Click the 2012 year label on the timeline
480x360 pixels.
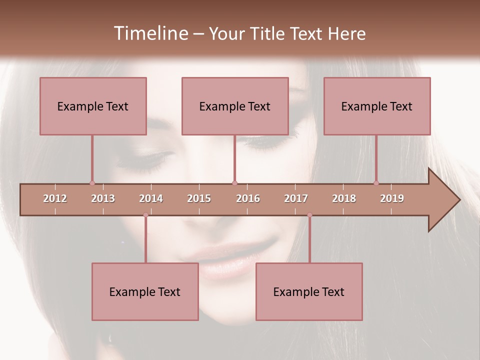(x=55, y=198)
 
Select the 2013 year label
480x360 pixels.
(x=103, y=198)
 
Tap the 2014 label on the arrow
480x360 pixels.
(x=151, y=198)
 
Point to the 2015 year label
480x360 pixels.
(x=199, y=198)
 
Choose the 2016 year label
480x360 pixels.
(x=248, y=198)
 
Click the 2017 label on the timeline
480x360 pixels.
(x=296, y=198)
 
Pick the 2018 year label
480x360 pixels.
(x=344, y=198)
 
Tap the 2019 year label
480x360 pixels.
(x=392, y=198)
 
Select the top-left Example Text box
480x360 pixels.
(x=93, y=106)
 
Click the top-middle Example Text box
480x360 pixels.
(x=235, y=106)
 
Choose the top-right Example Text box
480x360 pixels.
(x=377, y=106)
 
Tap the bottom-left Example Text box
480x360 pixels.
(x=145, y=291)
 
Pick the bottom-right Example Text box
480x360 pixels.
(x=309, y=291)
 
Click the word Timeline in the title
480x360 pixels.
(x=149, y=33)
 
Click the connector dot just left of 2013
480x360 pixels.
(x=92, y=183)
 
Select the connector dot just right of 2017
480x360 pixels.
(x=309, y=215)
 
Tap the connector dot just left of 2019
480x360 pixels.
(x=376, y=183)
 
